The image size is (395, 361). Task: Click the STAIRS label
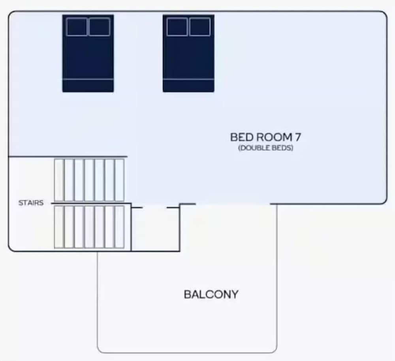pyautogui.click(x=31, y=203)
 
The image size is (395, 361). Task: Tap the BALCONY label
pyautogui.click(x=211, y=295)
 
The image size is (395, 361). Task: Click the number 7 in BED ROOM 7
pyautogui.click(x=297, y=137)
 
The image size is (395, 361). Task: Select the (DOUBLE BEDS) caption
pyautogui.click(x=266, y=148)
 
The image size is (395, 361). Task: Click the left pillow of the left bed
pyautogui.click(x=77, y=27)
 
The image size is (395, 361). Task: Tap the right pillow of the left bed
pyautogui.click(x=100, y=27)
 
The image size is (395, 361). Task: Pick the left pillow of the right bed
pyautogui.click(x=177, y=27)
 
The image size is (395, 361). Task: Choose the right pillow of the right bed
pyautogui.click(x=200, y=27)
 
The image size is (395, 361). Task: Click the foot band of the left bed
pyautogui.click(x=88, y=86)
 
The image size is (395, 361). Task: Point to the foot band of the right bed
pyautogui.click(x=188, y=86)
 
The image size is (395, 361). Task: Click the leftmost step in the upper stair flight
pyautogui.click(x=59, y=180)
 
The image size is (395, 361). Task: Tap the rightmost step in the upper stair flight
pyautogui.click(x=119, y=180)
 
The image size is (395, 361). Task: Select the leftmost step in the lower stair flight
pyautogui.click(x=59, y=227)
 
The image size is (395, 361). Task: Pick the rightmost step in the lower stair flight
pyautogui.click(x=119, y=227)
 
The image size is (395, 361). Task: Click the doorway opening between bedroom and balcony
pyautogui.click(x=233, y=204)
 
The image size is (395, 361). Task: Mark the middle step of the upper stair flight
pyautogui.click(x=89, y=180)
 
